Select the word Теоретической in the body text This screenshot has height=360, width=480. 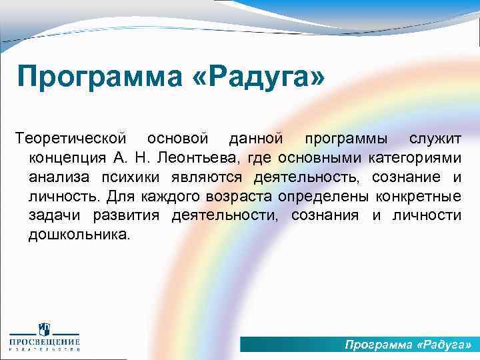[71, 138]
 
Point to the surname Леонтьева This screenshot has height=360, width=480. [205, 157]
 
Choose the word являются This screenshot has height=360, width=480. [206, 177]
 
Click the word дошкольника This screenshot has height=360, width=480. [81, 235]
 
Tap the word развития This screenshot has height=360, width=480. [125, 215]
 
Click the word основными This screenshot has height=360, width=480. [324, 157]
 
